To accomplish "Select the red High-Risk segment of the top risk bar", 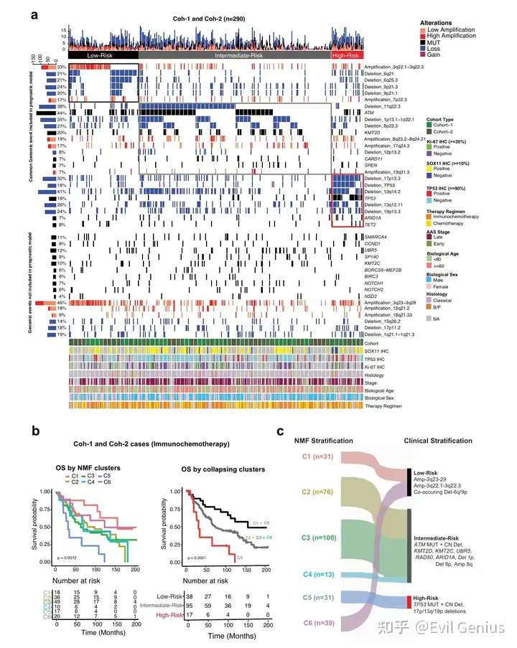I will click(x=348, y=55).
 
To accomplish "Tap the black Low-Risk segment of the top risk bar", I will click(x=103, y=55).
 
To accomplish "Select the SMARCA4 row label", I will click(x=378, y=237).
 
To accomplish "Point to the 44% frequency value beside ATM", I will click(x=62, y=113).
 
